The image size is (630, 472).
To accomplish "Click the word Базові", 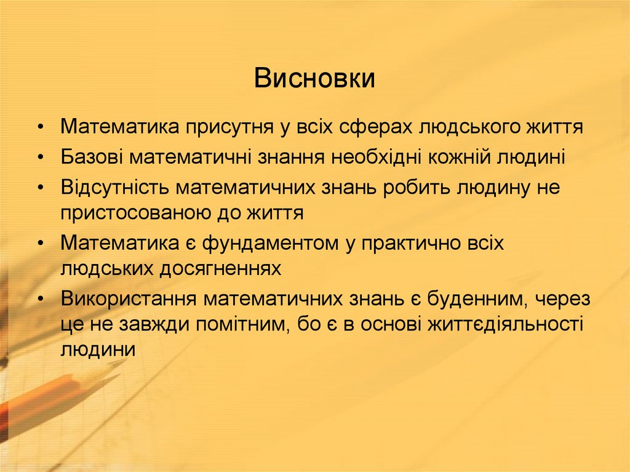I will (92, 157).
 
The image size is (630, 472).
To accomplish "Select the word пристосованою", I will (140, 213).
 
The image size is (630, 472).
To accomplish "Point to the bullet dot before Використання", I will (40, 299).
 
